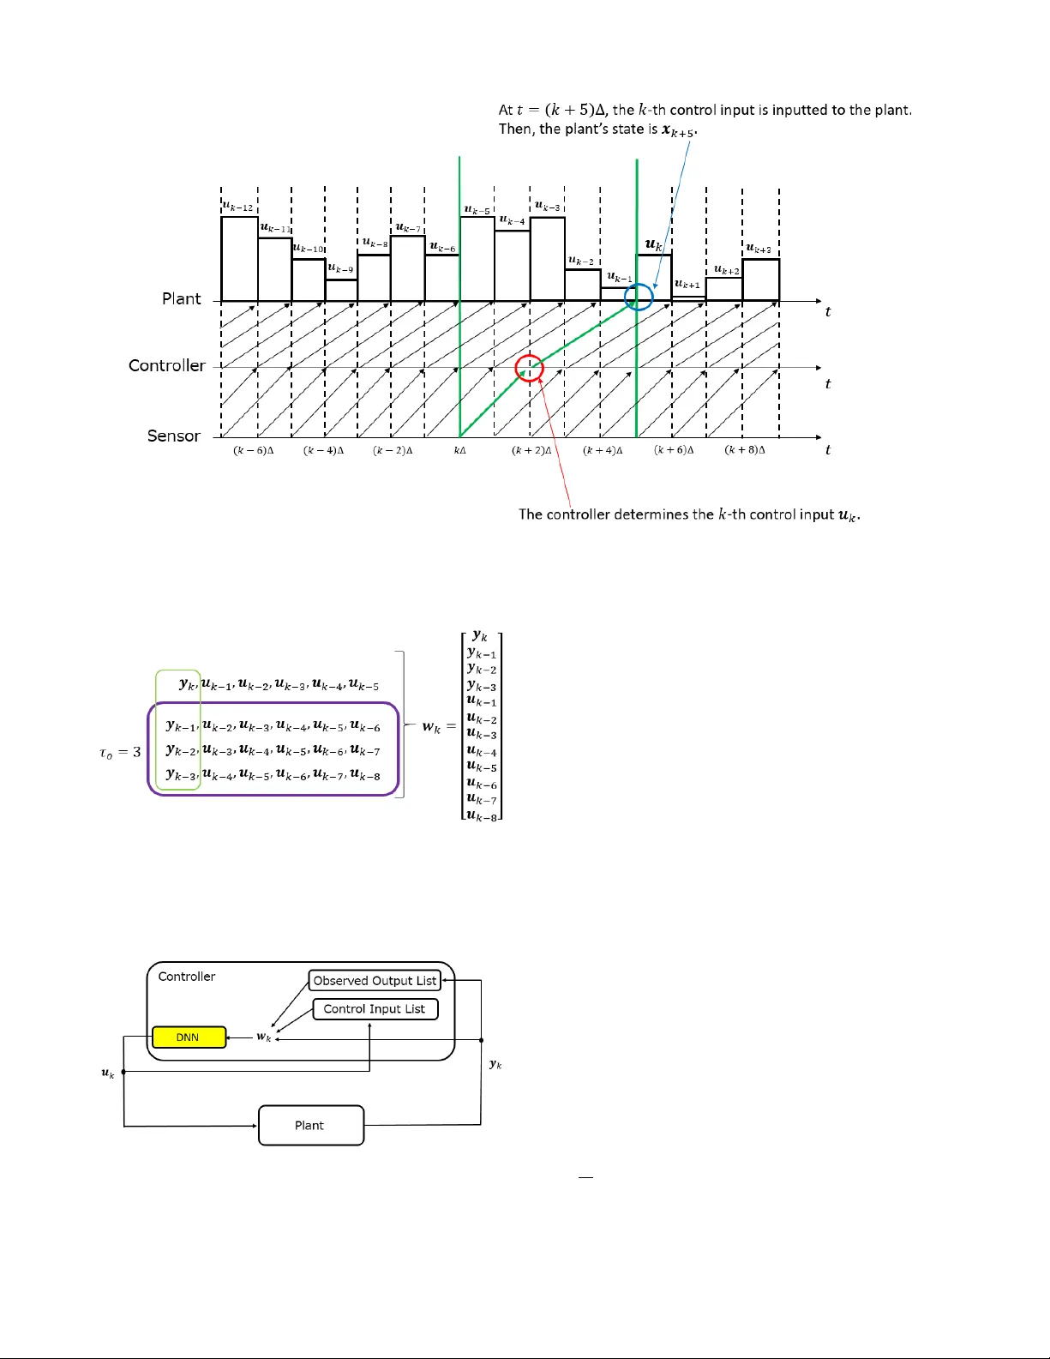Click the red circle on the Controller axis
(529, 368)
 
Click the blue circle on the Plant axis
(639, 298)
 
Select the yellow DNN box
(189, 1037)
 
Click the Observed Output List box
(375, 981)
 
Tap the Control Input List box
(375, 1009)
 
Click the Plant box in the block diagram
(310, 1126)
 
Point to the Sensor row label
(173, 436)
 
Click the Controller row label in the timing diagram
(167, 365)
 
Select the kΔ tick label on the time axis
(460, 450)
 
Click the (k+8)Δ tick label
(744, 450)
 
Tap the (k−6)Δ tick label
(253, 450)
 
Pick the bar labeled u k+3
(760, 280)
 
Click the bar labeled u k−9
(341, 290)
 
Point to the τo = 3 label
(120, 753)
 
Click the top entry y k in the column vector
(480, 636)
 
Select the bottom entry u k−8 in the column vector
(481, 815)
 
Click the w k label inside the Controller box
(263, 1037)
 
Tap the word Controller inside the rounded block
(187, 977)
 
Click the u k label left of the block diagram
(107, 1073)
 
